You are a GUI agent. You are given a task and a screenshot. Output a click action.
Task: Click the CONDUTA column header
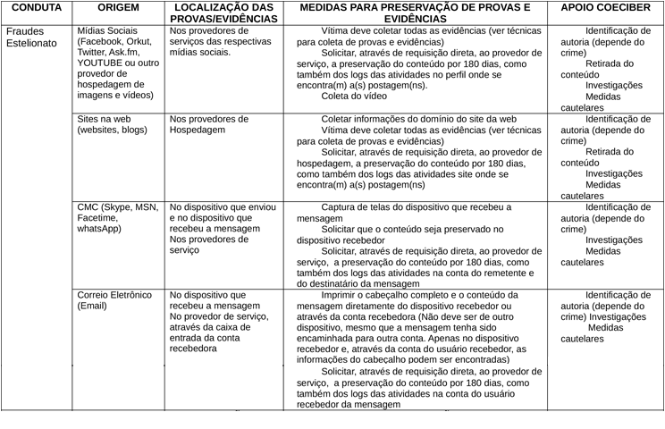pos(36,7)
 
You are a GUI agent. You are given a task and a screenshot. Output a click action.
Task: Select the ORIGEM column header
pos(118,7)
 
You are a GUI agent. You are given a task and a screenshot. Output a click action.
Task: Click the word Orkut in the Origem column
pos(139,41)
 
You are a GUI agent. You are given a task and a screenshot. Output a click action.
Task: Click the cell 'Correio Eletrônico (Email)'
pos(117,299)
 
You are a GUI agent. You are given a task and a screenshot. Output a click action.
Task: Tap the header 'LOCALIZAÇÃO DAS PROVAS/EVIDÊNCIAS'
pos(220,13)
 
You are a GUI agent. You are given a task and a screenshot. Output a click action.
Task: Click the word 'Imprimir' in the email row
pos(341,295)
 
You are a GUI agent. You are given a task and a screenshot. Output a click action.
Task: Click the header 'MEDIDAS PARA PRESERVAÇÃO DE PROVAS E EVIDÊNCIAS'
pos(414,13)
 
